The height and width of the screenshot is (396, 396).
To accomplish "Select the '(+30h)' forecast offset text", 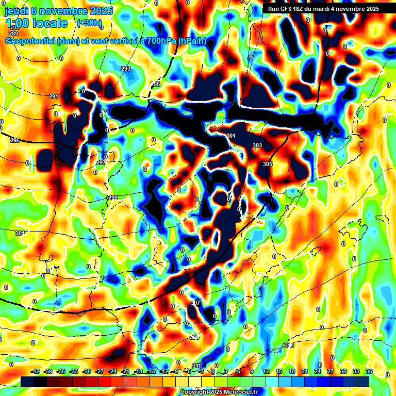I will click(89, 23).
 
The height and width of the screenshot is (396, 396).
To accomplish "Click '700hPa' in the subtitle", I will click(156, 41).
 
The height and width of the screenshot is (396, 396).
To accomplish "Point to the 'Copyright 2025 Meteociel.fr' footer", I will click(219, 392).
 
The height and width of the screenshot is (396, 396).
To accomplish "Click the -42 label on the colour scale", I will click(36, 371).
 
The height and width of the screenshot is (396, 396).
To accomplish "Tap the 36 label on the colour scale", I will click(369, 371).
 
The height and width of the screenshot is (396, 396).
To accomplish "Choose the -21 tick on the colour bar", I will click(125, 371).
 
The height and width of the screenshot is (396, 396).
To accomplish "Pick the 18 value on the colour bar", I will click(291, 371).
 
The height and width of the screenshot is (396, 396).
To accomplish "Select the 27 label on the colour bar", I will click(330, 371).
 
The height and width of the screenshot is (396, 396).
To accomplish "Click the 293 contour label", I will click(126, 69).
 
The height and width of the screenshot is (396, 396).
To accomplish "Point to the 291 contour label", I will click(54, 96).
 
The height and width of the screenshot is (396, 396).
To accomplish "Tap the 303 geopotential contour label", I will click(257, 146).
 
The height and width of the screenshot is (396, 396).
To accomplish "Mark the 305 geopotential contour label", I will click(268, 164).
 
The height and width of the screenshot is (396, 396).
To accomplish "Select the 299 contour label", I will click(113, 198).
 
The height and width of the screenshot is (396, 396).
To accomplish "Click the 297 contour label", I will click(101, 162).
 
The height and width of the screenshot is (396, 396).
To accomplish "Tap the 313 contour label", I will click(289, 345).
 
